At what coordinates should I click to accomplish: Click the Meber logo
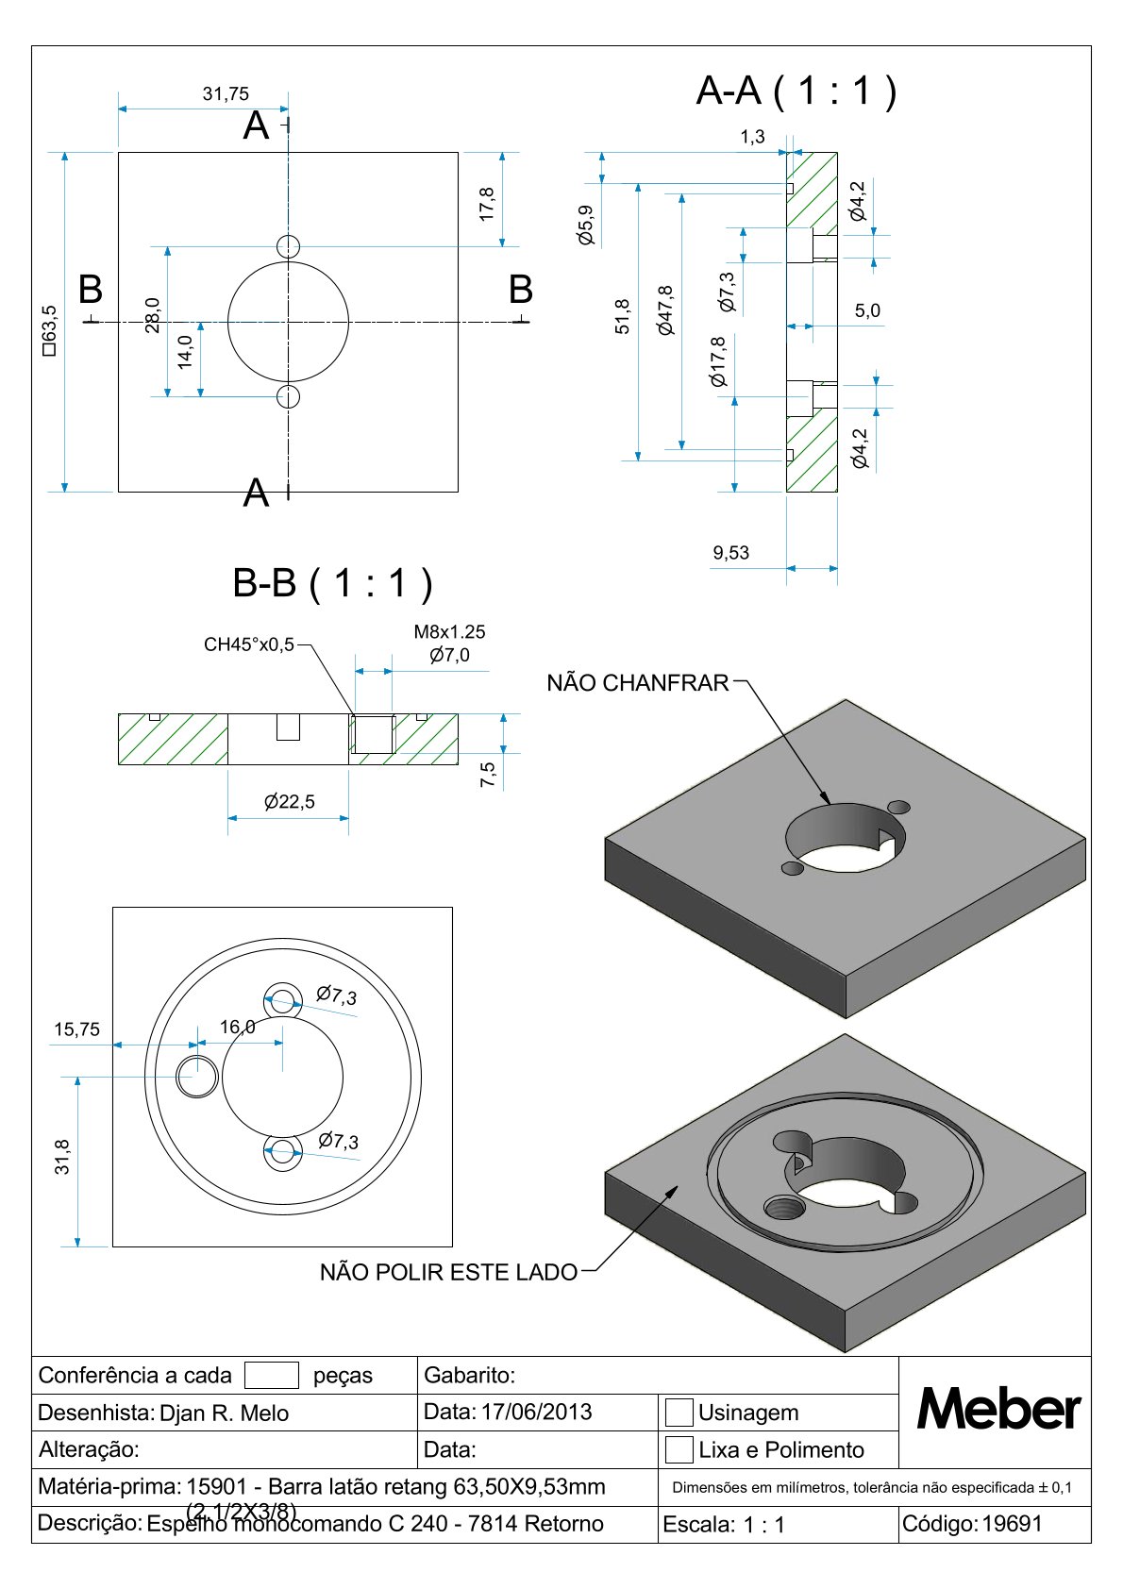click(998, 1410)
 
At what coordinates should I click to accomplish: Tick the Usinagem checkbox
click(679, 1412)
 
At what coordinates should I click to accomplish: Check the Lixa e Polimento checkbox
click(679, 1449)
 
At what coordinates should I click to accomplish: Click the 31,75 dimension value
click(226, 93)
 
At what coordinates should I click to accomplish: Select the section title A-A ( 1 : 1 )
click(796, 91)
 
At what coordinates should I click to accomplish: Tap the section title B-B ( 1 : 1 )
click(332, 583)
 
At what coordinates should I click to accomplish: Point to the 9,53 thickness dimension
click(731, 553)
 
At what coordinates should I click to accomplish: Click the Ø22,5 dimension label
click(290, 802)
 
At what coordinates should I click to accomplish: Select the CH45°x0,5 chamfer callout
click(249, 644)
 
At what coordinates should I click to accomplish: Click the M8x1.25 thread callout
click(449, 632)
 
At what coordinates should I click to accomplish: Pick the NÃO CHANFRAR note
click(638, 682)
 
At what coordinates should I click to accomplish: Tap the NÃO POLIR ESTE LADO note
click(448, 1272)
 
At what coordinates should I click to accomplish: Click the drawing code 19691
click(1013, 1523)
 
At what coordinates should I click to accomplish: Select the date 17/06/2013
click(536, 1412)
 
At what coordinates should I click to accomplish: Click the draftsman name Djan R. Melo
click(225, 1413)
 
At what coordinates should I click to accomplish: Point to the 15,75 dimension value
click(76, 1029)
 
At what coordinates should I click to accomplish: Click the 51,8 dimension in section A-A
click(623, 316)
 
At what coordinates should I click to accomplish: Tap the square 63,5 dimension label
click(49, 329)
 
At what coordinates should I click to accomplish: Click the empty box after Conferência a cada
click(272, 1375)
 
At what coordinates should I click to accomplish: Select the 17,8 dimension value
click(487, 204)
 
